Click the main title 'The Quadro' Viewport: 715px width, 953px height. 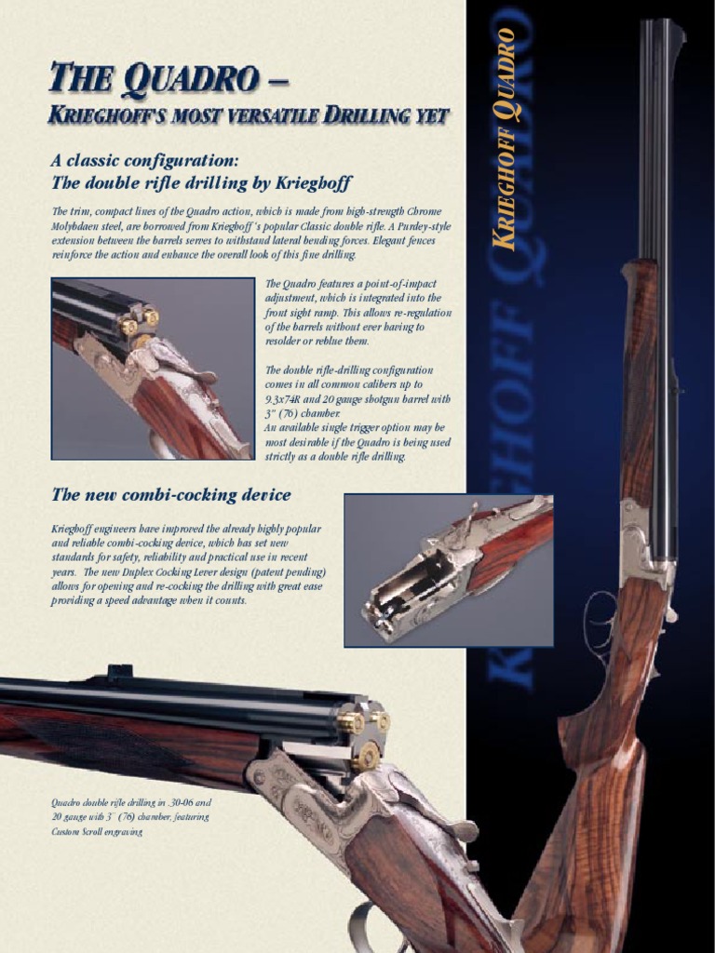coord(154,78)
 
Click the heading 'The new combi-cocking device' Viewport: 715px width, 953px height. coord(170,495)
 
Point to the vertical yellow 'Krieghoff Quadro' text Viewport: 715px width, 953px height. coord(506,140)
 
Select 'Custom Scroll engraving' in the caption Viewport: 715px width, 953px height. coord(97,832)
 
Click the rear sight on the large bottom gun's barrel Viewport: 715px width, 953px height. coord(119,672)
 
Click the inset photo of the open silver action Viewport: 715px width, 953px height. coord(449,570)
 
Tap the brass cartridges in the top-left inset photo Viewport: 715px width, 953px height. coord(138,323)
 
